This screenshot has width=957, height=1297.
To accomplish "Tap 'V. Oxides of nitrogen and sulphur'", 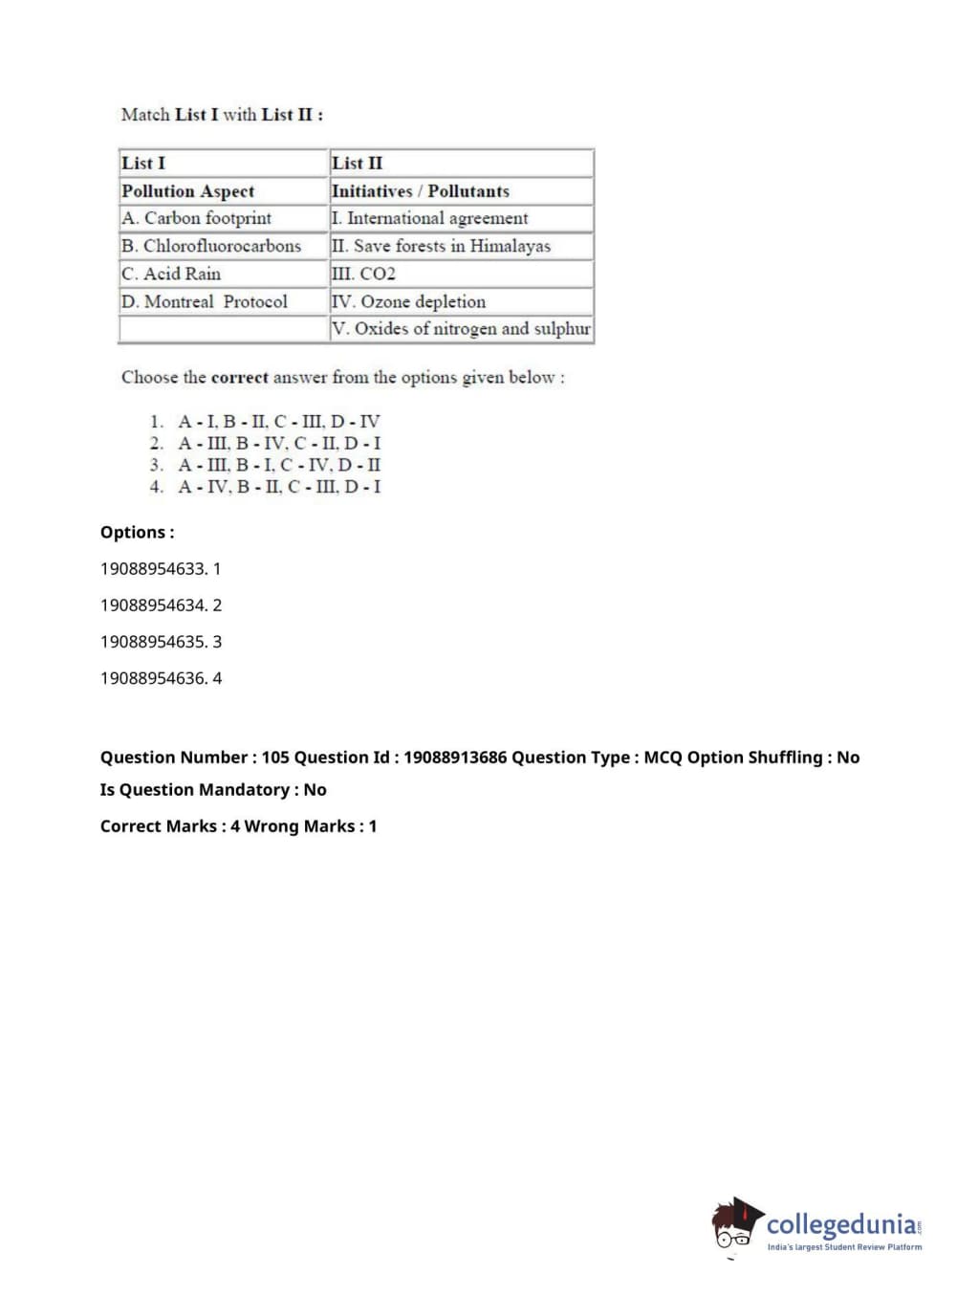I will (461, 329).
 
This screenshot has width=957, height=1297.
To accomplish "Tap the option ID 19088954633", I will (154, 569).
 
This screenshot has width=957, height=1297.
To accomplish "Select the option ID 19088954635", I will (154, 642).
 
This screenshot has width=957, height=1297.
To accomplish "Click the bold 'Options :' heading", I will (138, 533).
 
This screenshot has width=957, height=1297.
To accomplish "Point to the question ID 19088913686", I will (455, 758).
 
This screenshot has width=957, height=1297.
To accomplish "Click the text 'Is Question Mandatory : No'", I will (213, 790).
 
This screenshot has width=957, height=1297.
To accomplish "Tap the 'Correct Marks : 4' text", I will (169, 826).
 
